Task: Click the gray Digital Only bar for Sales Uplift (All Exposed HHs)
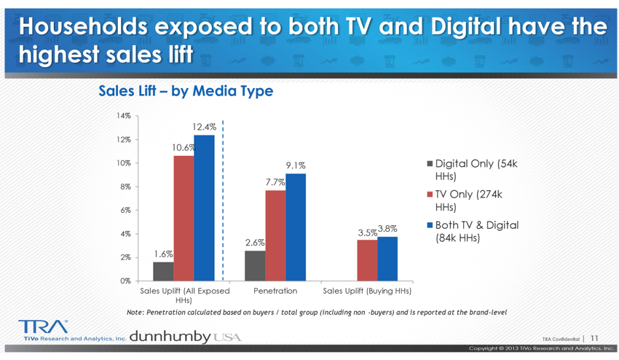tap(163, 271)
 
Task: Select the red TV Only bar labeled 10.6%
tap(184, 218)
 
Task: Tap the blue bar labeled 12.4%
tap(204, 208)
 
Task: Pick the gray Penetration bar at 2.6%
tap(255, 265)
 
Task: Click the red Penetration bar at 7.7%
tap(275, 235)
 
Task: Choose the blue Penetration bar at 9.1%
tap(296, 227)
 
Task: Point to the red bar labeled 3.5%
tap(367, 260)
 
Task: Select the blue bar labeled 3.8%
tap(387, 258)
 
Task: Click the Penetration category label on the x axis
tap(275, 291)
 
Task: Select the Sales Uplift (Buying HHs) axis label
tap(367, 291)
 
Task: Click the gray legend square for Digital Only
tap(430, 163)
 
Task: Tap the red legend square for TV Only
tap(430, 195)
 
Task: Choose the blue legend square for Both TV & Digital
tap(430, 225)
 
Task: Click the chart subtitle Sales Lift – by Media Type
tap(186, 91)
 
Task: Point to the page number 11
tap(594, 338)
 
